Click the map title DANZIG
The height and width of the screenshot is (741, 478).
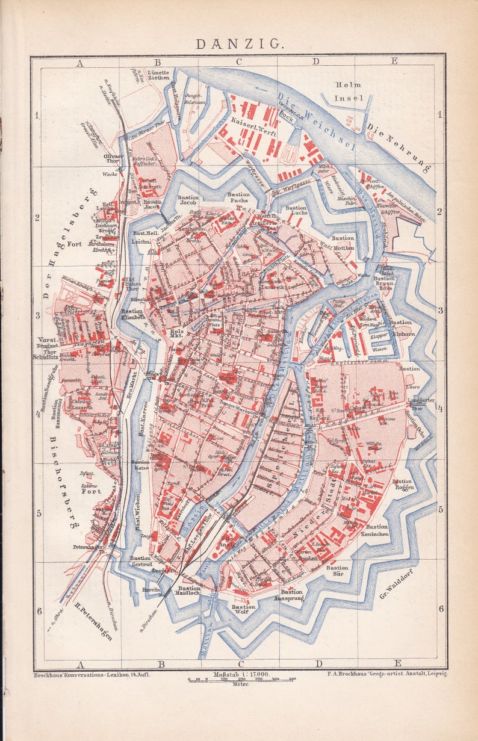(238, 43)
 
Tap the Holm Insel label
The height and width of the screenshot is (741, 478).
(349, 91)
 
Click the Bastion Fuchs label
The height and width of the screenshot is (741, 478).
(238, 198)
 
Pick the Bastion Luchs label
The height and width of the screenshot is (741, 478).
(296, 211)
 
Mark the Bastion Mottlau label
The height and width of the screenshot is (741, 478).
(343, 241)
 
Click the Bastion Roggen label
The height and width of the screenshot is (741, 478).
(402, 485)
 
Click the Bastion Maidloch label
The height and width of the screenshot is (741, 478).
(189, 592)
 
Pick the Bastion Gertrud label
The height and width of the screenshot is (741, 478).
(141, 562)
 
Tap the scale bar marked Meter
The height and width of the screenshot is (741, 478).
(241, 680)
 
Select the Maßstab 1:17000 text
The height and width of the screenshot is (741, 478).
(240, 674)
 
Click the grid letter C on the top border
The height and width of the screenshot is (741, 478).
(238, 61)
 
